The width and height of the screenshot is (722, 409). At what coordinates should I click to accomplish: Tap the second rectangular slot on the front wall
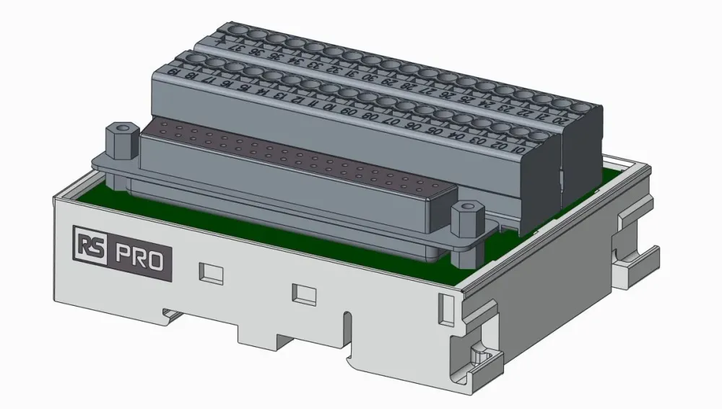tap(303, 293)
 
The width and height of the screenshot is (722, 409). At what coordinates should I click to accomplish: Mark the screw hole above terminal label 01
tap(539, 136)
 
